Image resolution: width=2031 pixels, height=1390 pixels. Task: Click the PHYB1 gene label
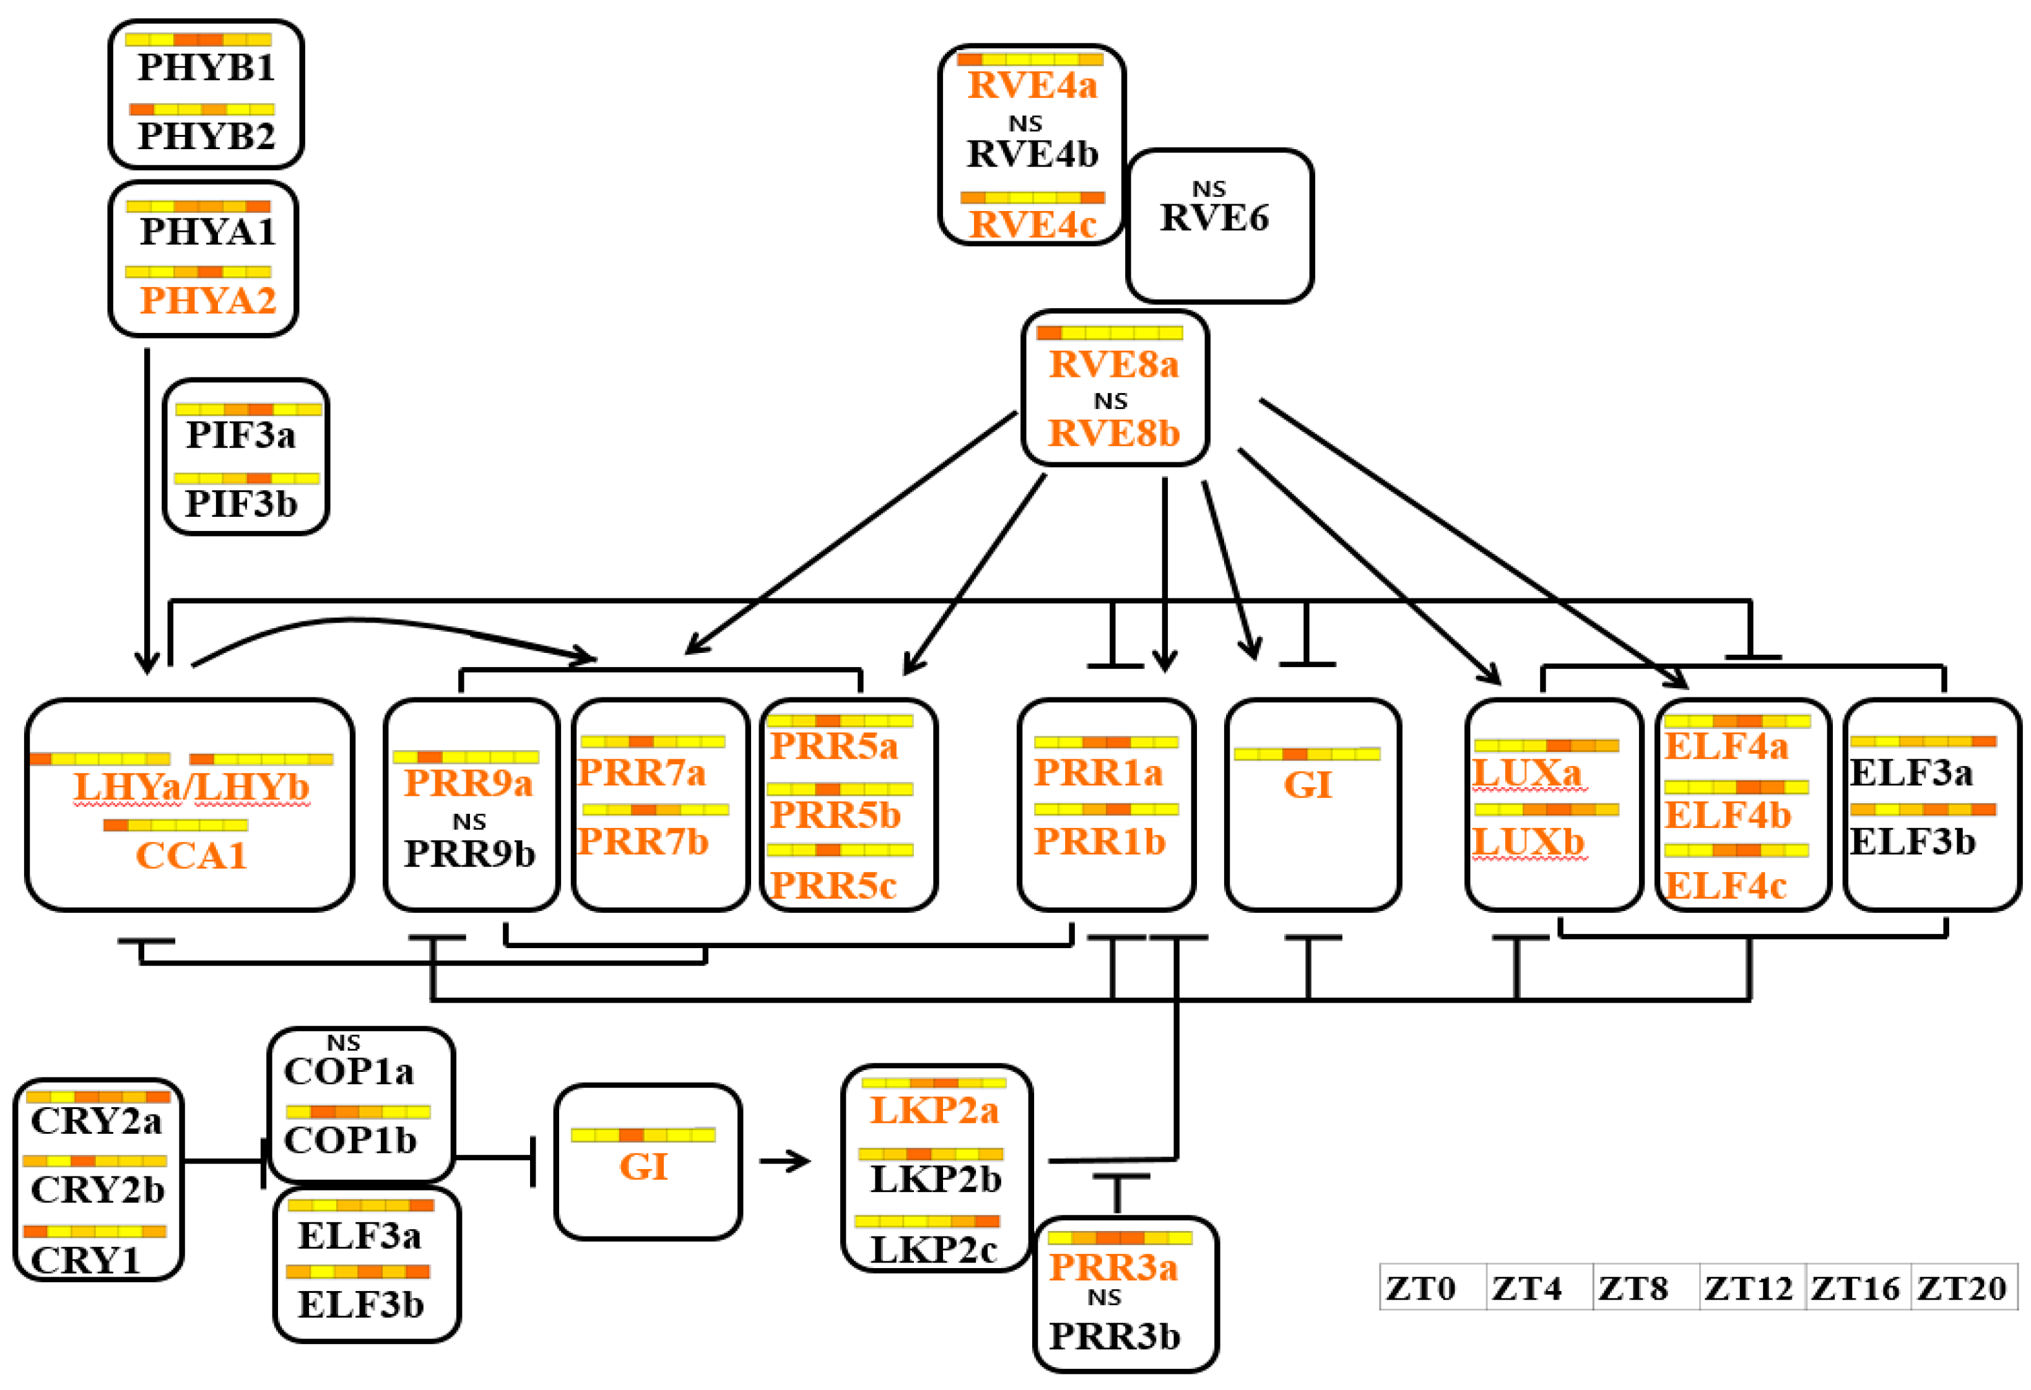point(206,67)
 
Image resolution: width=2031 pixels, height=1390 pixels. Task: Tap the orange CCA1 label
point(191,855)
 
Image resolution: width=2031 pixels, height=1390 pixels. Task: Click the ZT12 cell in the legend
point(1748,1289)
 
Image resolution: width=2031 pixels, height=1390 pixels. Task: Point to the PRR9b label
point(469,853)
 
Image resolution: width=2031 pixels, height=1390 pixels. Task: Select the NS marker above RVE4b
point(1025,124)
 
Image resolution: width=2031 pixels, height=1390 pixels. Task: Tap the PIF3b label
point(241,504)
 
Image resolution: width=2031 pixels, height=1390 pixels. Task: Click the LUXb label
point(1528,842)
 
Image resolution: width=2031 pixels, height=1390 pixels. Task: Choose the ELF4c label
point(1726,886)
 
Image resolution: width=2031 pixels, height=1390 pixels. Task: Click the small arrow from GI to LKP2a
point(785,1162)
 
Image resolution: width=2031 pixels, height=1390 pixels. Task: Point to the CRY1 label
point(85,1261)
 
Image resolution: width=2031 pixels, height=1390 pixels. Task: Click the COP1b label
point(350,1140)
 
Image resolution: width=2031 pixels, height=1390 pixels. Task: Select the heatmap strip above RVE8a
point(1109,333)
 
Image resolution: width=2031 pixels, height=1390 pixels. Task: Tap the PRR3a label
point(1113,1267)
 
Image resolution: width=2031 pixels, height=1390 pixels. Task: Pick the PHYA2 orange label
point(208,301)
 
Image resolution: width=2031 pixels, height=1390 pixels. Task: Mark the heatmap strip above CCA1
point(176,826)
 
